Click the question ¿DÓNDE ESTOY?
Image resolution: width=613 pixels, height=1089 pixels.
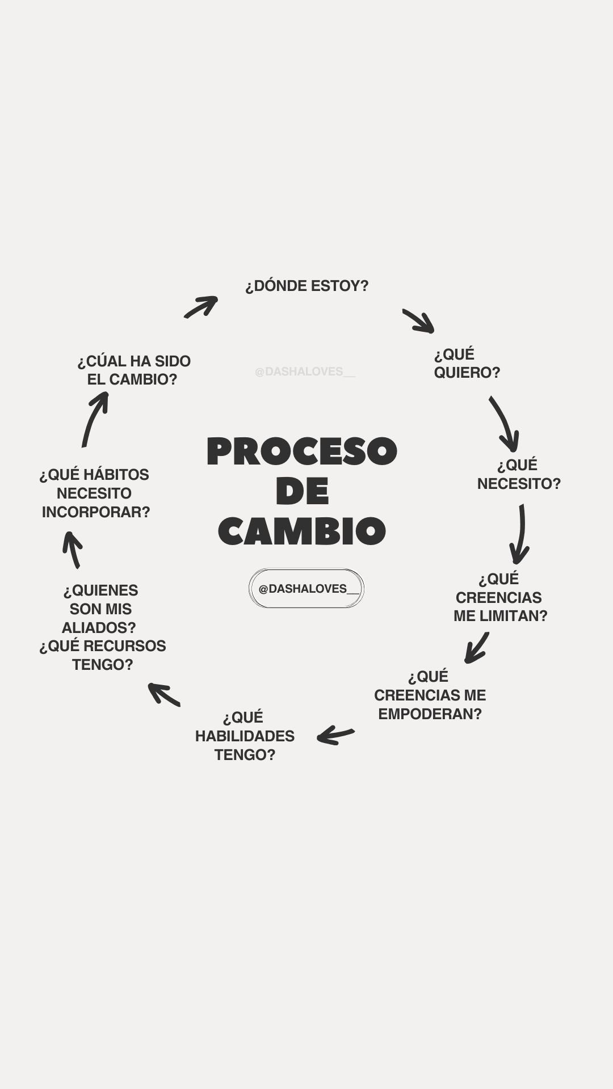(306, 286)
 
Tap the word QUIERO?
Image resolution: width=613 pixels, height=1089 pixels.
(467, 373)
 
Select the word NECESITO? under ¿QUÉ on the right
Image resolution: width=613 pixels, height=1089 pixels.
(519, 484)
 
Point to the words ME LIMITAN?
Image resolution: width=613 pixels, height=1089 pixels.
(500, 616)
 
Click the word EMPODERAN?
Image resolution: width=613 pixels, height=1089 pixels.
(430, 714)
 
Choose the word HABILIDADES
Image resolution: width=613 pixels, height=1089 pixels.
(245, 736)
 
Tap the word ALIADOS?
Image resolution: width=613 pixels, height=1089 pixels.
(99, 628)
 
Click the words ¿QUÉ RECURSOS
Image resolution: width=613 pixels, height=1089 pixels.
(103, 646)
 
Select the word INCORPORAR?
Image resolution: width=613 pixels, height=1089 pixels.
(96, 512)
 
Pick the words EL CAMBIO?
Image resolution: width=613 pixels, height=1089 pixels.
(132, 379)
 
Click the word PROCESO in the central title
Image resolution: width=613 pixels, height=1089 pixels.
(302, 452)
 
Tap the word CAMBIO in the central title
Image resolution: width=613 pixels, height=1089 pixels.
(302, 531)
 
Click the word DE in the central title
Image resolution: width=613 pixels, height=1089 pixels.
(302, 492)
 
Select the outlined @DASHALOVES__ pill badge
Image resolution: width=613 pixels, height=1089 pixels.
(306, 589)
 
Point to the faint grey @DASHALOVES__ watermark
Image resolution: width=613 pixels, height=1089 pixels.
(305, 372)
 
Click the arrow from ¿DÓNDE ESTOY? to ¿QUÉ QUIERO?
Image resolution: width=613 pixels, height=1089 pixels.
(419, 321)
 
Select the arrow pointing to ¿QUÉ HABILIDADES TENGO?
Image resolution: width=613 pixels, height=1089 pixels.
(336, 735)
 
